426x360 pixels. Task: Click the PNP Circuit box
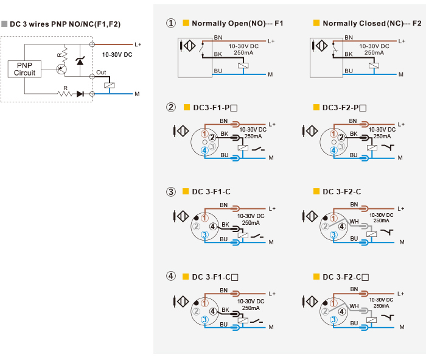click(x=24, y=69)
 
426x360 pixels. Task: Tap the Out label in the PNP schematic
click(x=101, y=72)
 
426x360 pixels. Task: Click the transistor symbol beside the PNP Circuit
click(x=61, y=69)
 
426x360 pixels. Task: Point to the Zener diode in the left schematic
click(x=80, y=61)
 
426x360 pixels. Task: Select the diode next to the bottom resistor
click(x=80, y=94)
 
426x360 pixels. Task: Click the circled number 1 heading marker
click(x=171, y=23)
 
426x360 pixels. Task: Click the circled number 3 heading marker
click(x=171, y=192)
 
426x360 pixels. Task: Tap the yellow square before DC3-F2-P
click(x=316, y=107)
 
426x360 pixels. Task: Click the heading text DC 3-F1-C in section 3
click(x=211, y=192)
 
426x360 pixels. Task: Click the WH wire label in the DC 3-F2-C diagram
click(x=354, y=222)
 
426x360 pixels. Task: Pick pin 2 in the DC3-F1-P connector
click(x=212, y=138)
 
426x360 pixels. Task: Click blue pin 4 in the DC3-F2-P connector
click(x=333, y=150)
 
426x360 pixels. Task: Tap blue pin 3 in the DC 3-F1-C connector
click(x=204, y=235)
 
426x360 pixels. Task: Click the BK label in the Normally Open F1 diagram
click(x=218, y=54)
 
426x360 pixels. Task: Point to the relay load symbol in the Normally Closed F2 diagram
click(x=374, y=66)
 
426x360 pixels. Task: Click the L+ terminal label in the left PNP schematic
click(x=138, y=44)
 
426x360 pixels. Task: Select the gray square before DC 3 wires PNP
click(x=4, y=24)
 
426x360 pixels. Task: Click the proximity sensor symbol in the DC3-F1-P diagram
click(x=181, y=131)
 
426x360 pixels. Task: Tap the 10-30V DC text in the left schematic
click(x=117, y=55)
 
